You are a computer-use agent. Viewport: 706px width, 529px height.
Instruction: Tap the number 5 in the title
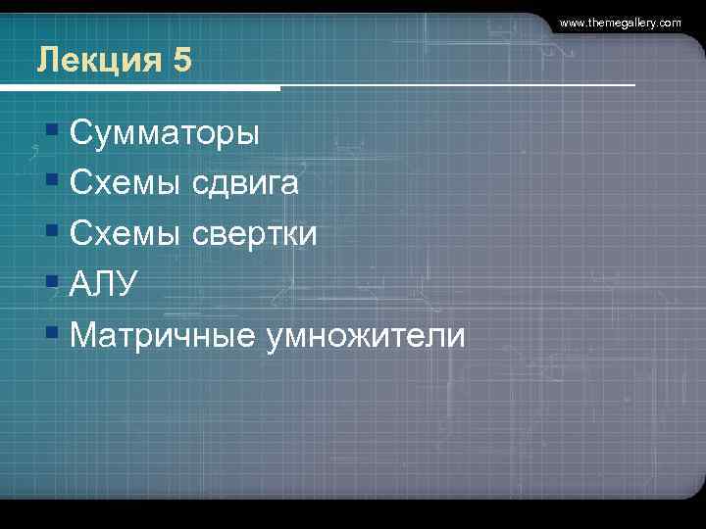181,62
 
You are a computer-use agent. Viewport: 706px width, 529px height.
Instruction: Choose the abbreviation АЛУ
105,285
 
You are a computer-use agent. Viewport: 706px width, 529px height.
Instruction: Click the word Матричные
162,336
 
